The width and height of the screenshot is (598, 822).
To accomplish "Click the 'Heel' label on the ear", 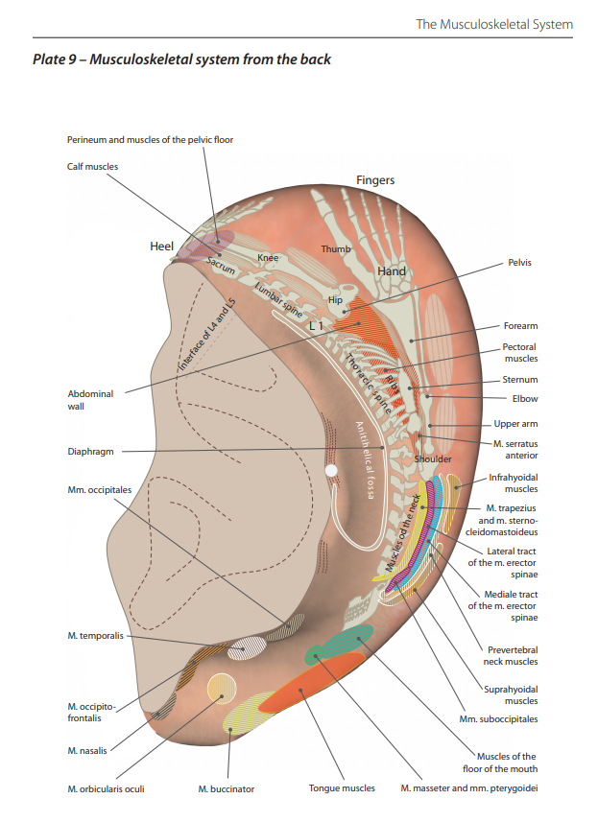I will [x=162, y=247].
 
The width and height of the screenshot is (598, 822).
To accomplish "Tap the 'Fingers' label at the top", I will [x=375, y=180].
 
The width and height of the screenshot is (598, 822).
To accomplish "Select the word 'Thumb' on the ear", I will [x=335, y=249].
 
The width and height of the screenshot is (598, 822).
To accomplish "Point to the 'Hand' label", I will [x=392, y=271].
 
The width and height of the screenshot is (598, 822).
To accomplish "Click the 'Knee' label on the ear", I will [x=268, y=258].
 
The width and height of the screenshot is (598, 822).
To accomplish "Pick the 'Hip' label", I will [x=335, y=299].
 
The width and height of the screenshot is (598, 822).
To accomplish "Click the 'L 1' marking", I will [x=317, y=326].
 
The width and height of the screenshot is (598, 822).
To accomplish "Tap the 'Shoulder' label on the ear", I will [x=433, y=459].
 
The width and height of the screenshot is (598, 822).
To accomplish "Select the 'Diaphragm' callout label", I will [x=93, y=452].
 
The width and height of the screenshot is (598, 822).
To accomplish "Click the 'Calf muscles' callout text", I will [x=93, y=166].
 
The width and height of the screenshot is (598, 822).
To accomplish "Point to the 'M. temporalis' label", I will [x=95, y=636].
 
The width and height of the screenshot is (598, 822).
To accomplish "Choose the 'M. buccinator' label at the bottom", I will [x=227, y=788].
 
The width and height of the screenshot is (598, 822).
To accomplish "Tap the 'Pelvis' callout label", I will [x=519, y=262].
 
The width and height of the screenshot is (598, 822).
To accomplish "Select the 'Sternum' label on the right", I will [x=520, y=380].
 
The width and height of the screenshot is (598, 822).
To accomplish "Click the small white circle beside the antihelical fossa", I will [x=331, y=471].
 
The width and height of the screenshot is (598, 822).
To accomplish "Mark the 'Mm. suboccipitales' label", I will [x=498, y=718].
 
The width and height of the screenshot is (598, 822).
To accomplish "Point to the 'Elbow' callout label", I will [x=525, y=398].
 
